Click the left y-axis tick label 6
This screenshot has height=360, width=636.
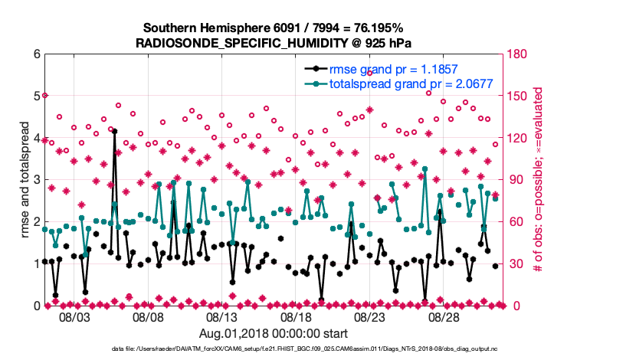pyautogui.click(x=36, y=54)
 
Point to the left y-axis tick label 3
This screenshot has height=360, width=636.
pyautogui.click(x=36, y=180)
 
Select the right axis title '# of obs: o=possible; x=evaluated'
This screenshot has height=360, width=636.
pyautogui.click(x=539, y=180)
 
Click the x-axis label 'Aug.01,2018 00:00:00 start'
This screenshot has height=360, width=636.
pyautogui.click(x=274, y=333)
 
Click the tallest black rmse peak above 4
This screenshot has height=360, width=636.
pyautogui.click(x=114, y=131)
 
